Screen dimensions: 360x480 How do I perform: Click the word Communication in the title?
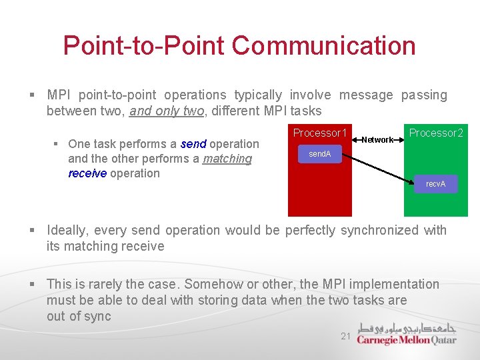[x=324, y=46]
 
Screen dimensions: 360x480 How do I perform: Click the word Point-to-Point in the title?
[x=144, y=46]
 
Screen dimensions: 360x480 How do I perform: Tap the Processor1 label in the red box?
[x=320, y=133]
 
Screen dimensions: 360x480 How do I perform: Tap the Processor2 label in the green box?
[x=436, y=133]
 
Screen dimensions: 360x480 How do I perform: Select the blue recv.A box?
[x=435, y=184]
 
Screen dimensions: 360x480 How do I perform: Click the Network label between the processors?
[x=377, y=140]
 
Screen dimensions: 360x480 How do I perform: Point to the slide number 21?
[x=345, y=337]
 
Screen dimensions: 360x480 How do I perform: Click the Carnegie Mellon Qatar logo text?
[x=407, y=340]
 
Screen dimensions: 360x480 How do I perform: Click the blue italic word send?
[x=193, y=144]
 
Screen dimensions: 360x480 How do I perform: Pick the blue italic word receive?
[x=87, y=173]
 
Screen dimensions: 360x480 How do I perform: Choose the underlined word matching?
[x=227, y=159]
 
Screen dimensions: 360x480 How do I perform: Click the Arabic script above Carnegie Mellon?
[x=407, y=328]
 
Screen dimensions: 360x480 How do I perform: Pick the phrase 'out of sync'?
[x=79, y=317]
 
